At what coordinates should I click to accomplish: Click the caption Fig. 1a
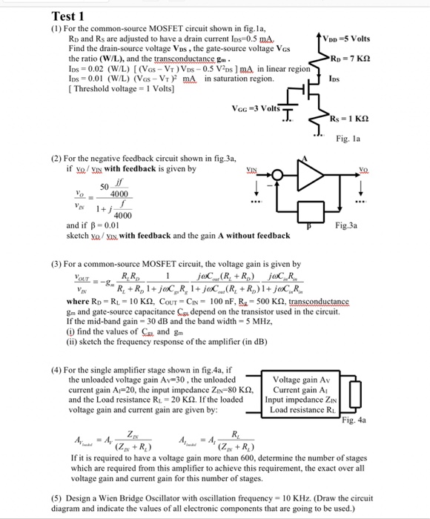pyautogui.click(x=390, y=138)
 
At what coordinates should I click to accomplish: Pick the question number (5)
pyautogui.click(x=55, y=497)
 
